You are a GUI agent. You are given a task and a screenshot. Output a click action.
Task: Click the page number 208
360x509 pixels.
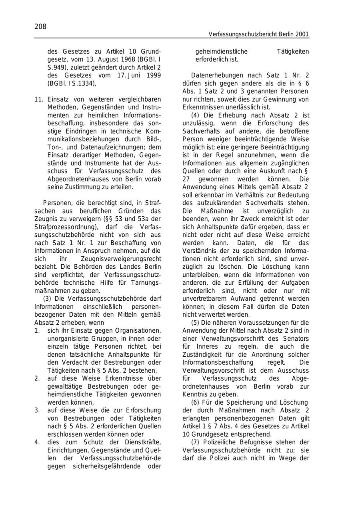pos(40,27)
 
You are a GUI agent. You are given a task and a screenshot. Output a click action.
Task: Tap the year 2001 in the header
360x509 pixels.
pos(302,35)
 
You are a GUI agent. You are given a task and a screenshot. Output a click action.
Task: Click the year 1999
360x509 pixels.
pos(153,76)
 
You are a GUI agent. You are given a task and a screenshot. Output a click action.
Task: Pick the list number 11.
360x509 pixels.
pos(38,99)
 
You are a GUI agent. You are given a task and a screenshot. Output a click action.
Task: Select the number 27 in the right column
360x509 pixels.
pos(187,179)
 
